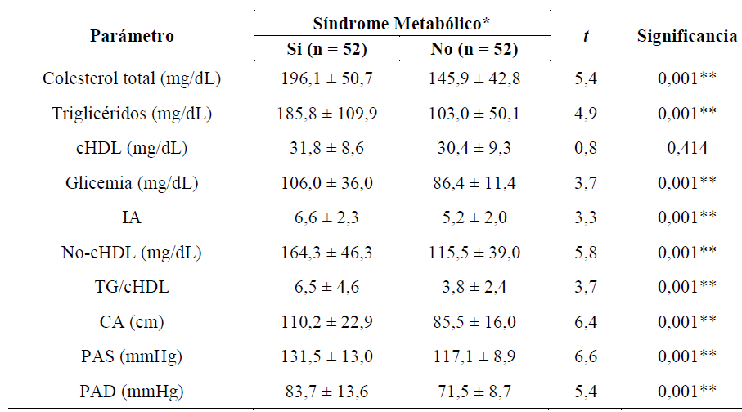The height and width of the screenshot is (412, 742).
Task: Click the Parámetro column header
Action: coord(132,36)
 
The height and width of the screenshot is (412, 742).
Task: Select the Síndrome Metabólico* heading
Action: coord(401,22)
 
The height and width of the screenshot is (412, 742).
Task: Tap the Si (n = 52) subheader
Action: coord(326,50)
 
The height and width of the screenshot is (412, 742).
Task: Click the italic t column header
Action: coord(585,36)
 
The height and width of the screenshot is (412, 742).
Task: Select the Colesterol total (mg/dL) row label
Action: coord(132,79)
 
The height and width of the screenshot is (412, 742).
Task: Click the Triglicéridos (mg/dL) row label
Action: coord(132,114)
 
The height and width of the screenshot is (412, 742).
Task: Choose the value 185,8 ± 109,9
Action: coord(326,114)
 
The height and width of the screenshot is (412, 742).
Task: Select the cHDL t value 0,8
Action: coord(585,149)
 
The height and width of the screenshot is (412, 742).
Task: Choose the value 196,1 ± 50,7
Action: coord(326,79)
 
